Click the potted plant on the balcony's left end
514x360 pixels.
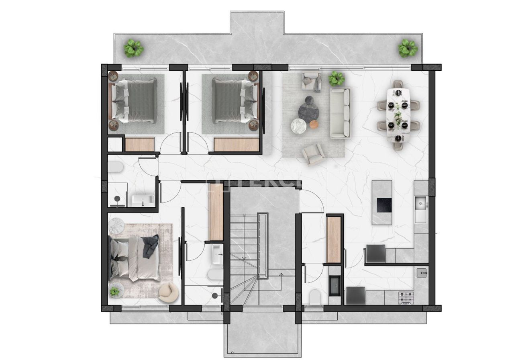coord(133,48)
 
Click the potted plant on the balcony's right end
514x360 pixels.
coord(408,48)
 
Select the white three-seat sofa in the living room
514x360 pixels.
coord(340,113)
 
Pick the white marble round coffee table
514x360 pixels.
coord(298,126)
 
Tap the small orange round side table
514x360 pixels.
coord(314,125)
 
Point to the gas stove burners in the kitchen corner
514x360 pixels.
coord(405,297)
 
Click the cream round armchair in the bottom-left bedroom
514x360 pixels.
coord(167,292)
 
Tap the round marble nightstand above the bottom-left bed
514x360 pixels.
coord(117,225)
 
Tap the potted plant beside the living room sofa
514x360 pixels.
coord(336,78)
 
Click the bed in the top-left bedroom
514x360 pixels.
coord(135,101)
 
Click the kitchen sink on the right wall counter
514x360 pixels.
coord(420,208)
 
